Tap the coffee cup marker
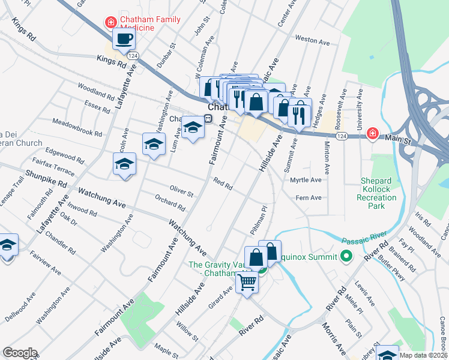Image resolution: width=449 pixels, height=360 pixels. click(124, 40)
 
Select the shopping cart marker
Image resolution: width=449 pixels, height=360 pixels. click(247, 282)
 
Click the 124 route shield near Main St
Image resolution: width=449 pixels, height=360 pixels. click(341, 137)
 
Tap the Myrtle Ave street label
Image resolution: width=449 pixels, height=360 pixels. click(306, 180)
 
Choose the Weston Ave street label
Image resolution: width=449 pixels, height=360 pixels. click(312, 42)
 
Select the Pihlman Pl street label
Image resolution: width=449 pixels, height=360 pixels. click(258, 220)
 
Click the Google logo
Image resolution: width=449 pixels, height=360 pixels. click(20, 353)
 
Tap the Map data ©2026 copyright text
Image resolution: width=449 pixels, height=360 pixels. click(423, 355)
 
